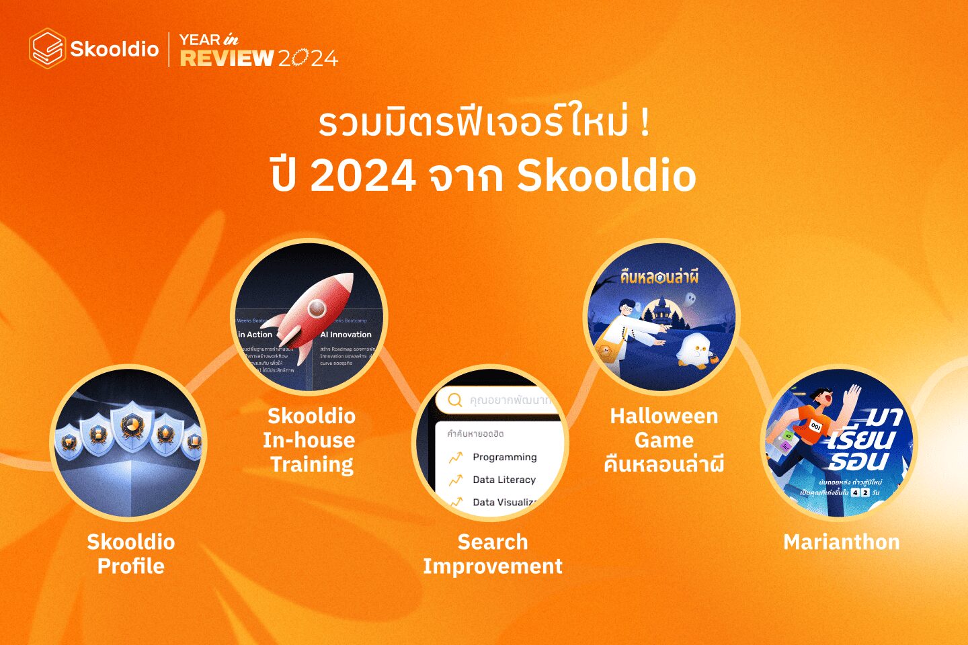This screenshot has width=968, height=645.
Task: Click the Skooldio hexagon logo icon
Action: tap(47, 48)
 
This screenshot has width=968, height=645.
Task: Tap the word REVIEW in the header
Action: tap(227, 58)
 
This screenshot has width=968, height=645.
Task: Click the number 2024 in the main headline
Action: tap(363, 176)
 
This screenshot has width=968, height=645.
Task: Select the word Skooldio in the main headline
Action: tap(606, 176)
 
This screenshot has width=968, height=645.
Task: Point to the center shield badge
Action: tap(131, 426)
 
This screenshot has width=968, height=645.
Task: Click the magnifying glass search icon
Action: tap(455, 400)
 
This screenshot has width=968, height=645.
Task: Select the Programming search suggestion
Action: tap(504, 457)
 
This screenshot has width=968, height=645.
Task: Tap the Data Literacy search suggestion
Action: tap(503, 480)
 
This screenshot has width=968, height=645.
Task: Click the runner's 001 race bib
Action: tap(815, 426)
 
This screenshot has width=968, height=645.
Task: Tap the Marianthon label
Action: tap(841, 542)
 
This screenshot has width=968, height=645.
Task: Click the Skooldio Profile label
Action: tap(131, 554)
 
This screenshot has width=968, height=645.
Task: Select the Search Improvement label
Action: tap(493, 554)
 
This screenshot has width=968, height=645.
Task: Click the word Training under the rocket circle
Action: tap(312, 464)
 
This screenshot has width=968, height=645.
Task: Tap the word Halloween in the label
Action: tap(663, 417)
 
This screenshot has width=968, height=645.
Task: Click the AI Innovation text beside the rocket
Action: tap(346, 335)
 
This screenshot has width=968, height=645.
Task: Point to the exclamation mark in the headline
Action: tap(645, 124)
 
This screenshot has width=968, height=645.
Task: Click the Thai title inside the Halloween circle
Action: tap(659, 276)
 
